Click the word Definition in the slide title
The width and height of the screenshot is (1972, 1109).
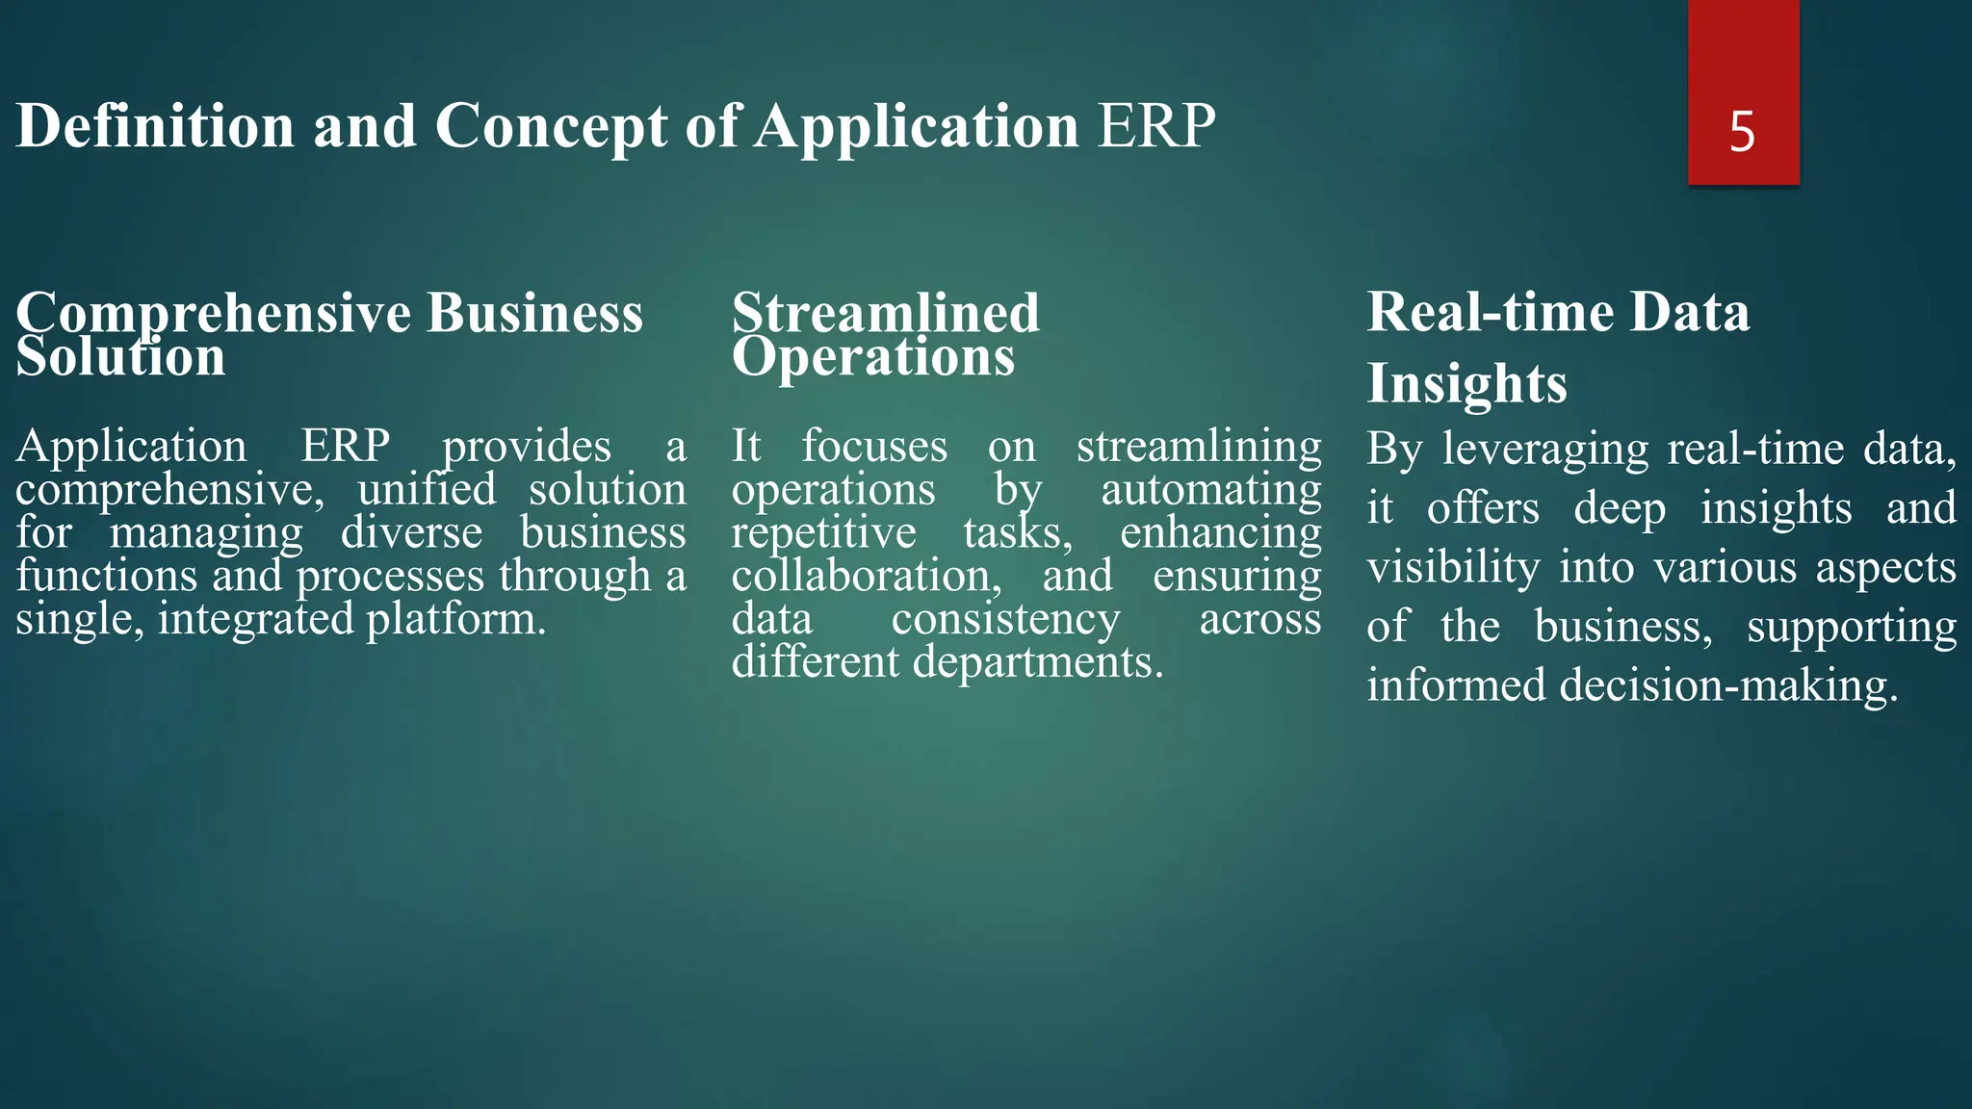pyautogui.click(x=155, y=126)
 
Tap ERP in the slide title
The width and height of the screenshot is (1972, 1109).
pyautogui.click(x=1156, y=126)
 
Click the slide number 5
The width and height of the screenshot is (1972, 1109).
pyautogui.click(x=1742, y=131)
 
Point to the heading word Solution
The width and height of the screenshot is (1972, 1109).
pyautogui.click(x=120, y=357)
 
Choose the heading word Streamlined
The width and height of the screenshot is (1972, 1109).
pyautogui.click(x=885, y=313)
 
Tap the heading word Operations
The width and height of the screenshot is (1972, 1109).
pyautogui.click(x=872, y=357)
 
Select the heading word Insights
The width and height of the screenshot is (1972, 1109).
pyautogui.click(x=1466, y=383)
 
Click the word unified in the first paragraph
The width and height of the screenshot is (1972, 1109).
pyautogui.click(x=427, y=489)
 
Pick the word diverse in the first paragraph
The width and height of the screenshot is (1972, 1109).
pyautogui.click(x=411, y=532)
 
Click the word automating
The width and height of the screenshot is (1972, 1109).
pyautogui.click(x=1210, y=490)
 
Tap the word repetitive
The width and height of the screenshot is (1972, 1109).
pyautogui.click(x=823, y=533)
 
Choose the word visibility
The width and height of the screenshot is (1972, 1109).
pyautogui.click(x=1453, y=567)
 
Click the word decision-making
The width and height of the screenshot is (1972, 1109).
pyautogui.click(x=1728, y=685)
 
